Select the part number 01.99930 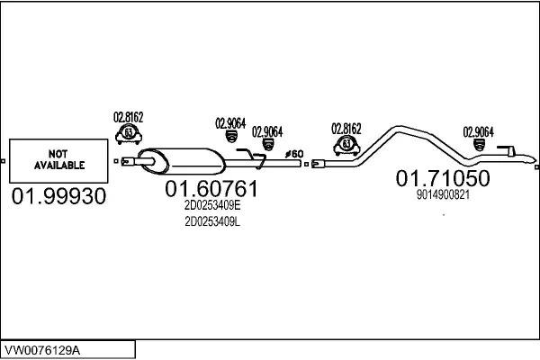tap(58, 196)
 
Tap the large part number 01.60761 tap(211, 189)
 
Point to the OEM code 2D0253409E tap(212, 206)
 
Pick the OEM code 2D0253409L tap(212, 222)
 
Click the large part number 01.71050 tap(443, 178)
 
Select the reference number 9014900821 tap(443, 195)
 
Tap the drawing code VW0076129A tap(42, 350)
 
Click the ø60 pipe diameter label tap(294, 154)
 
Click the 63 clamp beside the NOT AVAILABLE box tap(129, 134)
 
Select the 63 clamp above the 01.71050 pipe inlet tap(346, 145)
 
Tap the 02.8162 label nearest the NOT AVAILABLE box tap(128, 117)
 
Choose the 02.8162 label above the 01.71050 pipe tap(346, 130)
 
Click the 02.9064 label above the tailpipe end tap(478, 132)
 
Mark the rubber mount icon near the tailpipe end tap(479, 145)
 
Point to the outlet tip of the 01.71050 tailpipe tap(533, 160)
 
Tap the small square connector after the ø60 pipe tap(306, 165)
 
